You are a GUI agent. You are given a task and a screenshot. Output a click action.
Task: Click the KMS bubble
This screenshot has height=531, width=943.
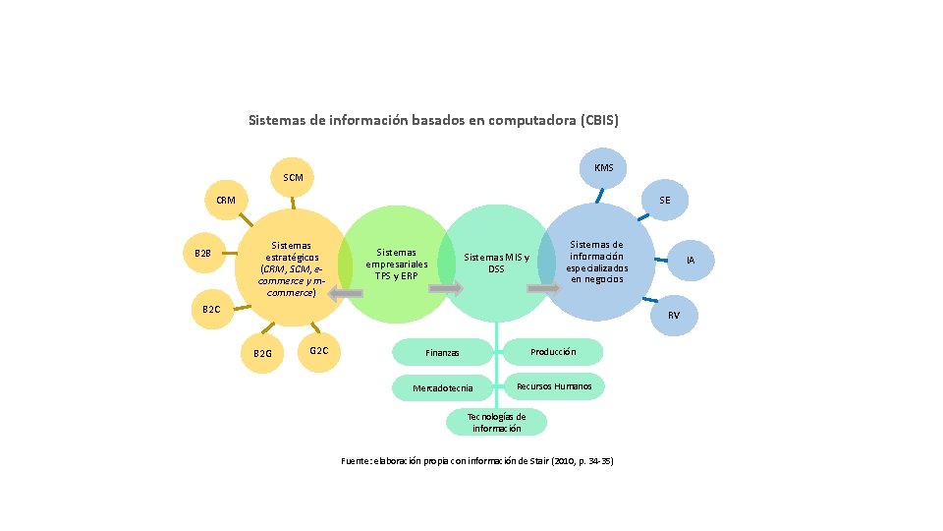(x=603, y=168)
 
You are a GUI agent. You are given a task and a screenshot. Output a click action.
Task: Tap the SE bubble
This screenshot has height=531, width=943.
(x=665, y=201)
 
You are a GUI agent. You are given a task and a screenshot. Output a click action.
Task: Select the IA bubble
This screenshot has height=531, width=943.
(x=691, y=261)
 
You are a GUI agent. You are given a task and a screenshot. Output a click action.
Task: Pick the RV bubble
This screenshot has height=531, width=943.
(x=674, y=315)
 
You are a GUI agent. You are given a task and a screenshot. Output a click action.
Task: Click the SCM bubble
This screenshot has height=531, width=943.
(x=293, y=178)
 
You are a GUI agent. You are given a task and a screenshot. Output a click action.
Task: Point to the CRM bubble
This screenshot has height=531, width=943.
(x=226, y=201)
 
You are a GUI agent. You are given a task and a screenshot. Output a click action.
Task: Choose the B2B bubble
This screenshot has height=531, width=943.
(x=203, y=254)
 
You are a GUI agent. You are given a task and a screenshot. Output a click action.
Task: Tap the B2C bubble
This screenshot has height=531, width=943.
(x=211, y=310)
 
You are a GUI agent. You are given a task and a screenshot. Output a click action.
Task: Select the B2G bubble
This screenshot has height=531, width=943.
(x=262, y=353)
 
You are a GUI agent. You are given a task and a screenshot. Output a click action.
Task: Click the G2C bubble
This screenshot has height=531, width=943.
(x=318, y=350)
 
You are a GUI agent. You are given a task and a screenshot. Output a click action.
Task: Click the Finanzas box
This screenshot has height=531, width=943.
(x=442, y=352)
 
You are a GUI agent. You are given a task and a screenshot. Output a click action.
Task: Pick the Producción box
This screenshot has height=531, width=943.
(x=553, y=351)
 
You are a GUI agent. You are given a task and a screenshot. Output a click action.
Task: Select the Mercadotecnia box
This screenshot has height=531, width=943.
(x=442, y=388)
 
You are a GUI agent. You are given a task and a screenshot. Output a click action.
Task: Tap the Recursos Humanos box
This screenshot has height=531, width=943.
(x=554, y=386)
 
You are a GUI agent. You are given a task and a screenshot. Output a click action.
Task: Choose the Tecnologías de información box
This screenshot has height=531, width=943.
(x=496, y=423)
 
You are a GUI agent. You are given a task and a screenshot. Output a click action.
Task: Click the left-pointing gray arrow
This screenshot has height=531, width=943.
(x=345, y=293)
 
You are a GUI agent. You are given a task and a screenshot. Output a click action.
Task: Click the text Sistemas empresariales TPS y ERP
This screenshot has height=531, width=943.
(x=397, y=264)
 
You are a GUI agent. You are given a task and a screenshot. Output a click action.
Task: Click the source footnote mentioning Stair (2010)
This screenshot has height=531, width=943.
(x=476, y=461)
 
